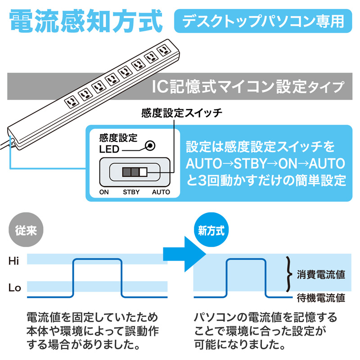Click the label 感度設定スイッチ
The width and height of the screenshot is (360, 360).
click(x=181, y=112)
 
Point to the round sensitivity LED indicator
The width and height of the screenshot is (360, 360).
click(x=150, y=146)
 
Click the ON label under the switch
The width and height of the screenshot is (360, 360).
click(x=104, y=192)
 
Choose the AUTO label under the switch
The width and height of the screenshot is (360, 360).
click(x=161, y=192)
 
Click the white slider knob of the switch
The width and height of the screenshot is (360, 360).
click(x=144, y=171)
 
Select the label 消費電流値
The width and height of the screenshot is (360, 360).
click(x=321, y=274)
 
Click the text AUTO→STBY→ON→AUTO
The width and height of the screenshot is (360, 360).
click(x=265, y=163)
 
